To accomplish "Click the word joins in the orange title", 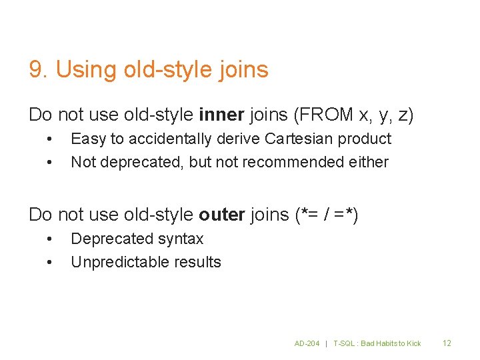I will (x=244, y=69).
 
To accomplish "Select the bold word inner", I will (x=222, y=115).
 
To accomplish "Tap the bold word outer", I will (x=222, y=215).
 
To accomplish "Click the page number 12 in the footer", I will (x=447, y=343).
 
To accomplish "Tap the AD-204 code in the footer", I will (x=307, y=343).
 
